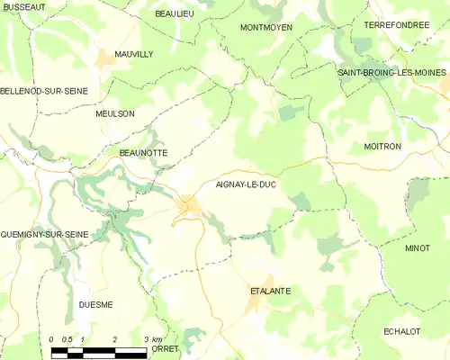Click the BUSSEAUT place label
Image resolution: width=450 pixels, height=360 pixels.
click(24, 6)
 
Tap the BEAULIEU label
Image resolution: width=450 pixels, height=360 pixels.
click(175, 14)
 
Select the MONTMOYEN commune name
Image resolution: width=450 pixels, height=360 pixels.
click(266, 28)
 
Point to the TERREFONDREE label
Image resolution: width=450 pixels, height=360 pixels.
click(397, 25)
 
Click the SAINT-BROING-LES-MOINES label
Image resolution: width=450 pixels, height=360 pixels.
click(391, 72)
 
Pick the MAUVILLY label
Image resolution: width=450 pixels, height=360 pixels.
click(134, 54)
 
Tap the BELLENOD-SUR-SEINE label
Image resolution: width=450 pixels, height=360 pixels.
click(38, 91)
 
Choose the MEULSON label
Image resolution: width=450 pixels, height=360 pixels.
click(115, 113)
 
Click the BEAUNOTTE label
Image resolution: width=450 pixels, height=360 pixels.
click(143, 153)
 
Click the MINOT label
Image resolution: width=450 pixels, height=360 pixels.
click(418, 247)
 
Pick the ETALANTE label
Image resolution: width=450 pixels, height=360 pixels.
click(270, 291)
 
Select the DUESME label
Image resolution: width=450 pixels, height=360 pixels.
click(94, 304)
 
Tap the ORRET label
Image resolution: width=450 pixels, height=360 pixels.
click(166, 348)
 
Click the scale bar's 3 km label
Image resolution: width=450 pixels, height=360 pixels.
click(152, 338)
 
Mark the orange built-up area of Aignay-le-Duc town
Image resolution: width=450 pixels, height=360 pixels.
click(189, 206)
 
